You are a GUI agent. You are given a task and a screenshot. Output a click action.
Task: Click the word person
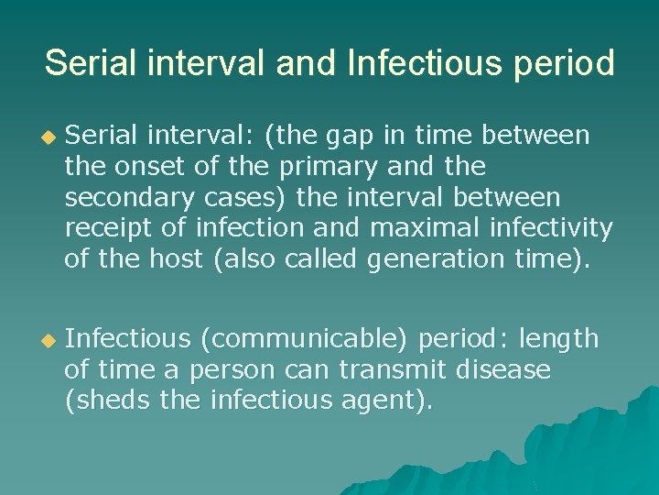click(x=230, y=371)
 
